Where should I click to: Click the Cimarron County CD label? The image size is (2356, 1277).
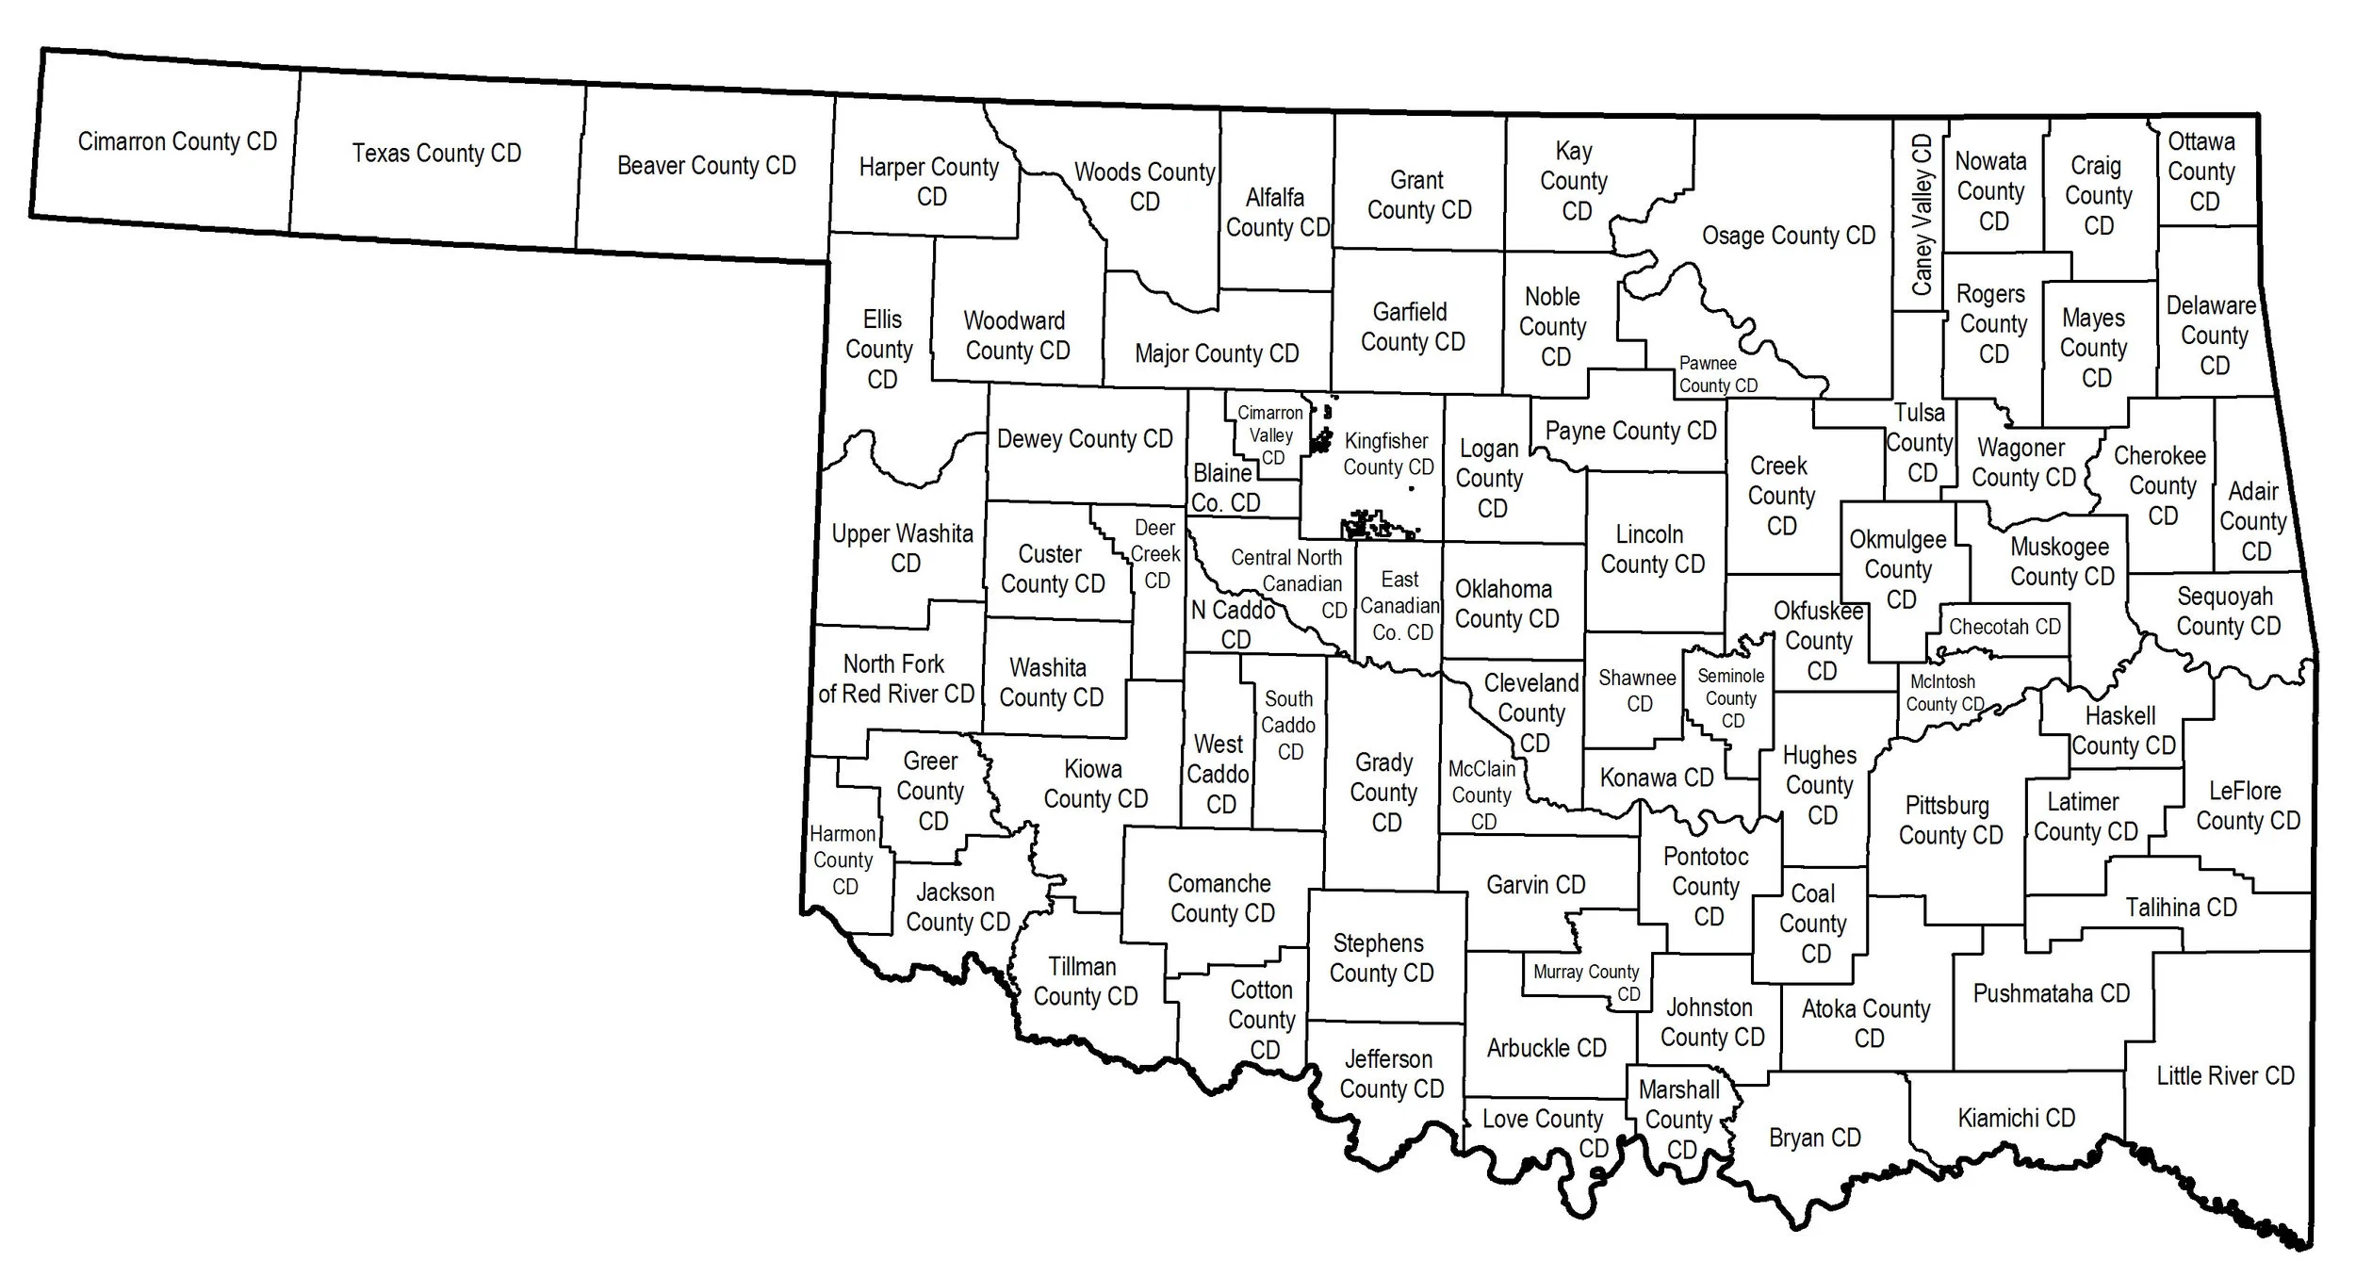pyautogui.click(x=177, y=141)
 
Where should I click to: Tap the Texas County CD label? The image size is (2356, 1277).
pyautogui.click(x=436, y=153)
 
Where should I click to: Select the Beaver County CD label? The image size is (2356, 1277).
pyautogui.click(x=706, y=166)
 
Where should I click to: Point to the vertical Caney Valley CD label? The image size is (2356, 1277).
pyautogui.click(x=1922, y=215)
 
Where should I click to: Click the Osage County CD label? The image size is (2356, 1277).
pyautogui.click(x=1788, y=236)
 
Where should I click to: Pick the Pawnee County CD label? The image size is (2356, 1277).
pyautogui.click(x=1717, y=374)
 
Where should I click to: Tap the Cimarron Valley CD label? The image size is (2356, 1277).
pyautogui.click(x=1270, y=435)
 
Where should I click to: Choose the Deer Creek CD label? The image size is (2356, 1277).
pyautogui.click(x=1155, y=554)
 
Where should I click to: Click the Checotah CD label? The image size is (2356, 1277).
pyautogui.click(x=2004, y=627)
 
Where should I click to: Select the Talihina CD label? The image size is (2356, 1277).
pyautogui.click(x=2181, y=908)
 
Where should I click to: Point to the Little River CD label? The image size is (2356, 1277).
pyautogui.click(x=2225, y=1075)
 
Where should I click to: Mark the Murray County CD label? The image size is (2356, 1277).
pyautogui.click(x=1587, y=982)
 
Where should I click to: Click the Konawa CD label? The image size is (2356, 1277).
pyautogui.click(x=1656, y=778)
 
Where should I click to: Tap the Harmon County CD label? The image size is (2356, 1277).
pyautogui.click(x=843, y=860)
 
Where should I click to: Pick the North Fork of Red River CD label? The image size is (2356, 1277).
pyautogui.click(x=895, y=679)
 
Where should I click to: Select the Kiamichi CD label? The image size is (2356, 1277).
pyautogui.click(x=2016, y=1118)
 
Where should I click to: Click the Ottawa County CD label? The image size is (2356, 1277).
pyautogui.click(x=2201, y=172)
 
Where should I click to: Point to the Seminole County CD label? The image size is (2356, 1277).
pyautogui.click(x=1730, y=698)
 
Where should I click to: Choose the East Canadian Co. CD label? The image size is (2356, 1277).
pyautogui.click(x=1400, y=606)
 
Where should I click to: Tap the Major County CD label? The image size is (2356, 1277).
pyautogui.click(x=1216, y=353)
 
